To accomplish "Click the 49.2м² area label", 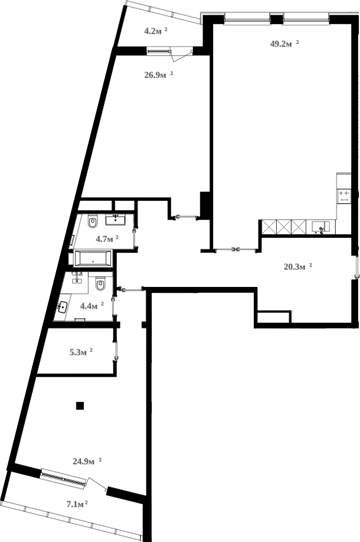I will (284, 44).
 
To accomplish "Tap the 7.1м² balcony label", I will (77, 504).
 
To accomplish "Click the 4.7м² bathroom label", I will (107, 239).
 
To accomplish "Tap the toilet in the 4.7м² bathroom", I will (93, 223).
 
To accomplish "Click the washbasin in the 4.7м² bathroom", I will (115, 220).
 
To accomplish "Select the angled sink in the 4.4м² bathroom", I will (63, 307).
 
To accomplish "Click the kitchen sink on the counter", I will (319, 226).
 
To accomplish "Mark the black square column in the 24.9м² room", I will (80, 405).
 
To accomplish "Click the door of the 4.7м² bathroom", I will (135, 239).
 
